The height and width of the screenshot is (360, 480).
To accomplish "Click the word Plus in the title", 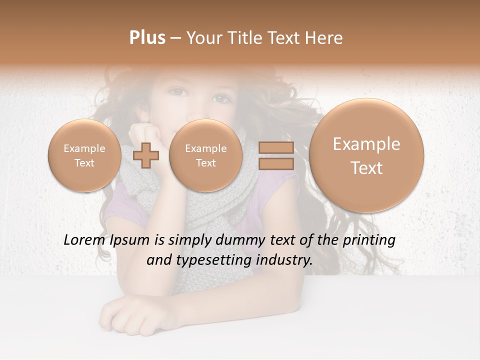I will pyautogui.click(x=147, y=38).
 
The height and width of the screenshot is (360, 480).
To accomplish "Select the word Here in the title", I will pyautogui.click(x=325, y=38).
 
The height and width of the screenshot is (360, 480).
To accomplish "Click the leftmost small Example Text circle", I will pyautogui.click(x=84, y=155).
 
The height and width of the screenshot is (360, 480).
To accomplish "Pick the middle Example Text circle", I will pyautogui.click(x=205, y=155).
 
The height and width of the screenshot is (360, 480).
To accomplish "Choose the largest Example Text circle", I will pyautogui.click(x=366, y=155).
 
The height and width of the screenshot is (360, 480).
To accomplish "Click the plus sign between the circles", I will pyautogui.click(x=146, y=155).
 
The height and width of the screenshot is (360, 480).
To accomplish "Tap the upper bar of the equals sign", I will pyautogui.click(x=276, y=147).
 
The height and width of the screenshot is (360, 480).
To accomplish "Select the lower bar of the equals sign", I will pyautogui.click(x=276, y=163).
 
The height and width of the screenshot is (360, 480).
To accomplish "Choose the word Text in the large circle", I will pyautogui.click(x=366, y=168).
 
